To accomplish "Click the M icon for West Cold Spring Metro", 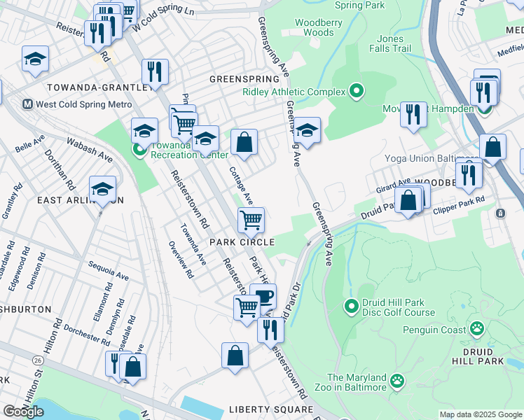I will click(28, 104).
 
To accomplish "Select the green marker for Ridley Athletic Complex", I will click(357, 92).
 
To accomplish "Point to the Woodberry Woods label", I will click(314, 27).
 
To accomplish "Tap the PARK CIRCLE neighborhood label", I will click(242, 241).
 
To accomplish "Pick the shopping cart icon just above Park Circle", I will click(251, 220).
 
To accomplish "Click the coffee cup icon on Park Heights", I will click(265, 296).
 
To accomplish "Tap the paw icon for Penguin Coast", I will click(477, 327).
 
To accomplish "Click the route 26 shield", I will click(37, 360).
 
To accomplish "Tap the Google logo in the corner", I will click(23, 412).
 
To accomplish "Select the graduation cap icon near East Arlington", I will click(102, 189).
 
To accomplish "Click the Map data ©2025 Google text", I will click(479, 414).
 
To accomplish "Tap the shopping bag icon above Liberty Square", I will click(235, 355).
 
